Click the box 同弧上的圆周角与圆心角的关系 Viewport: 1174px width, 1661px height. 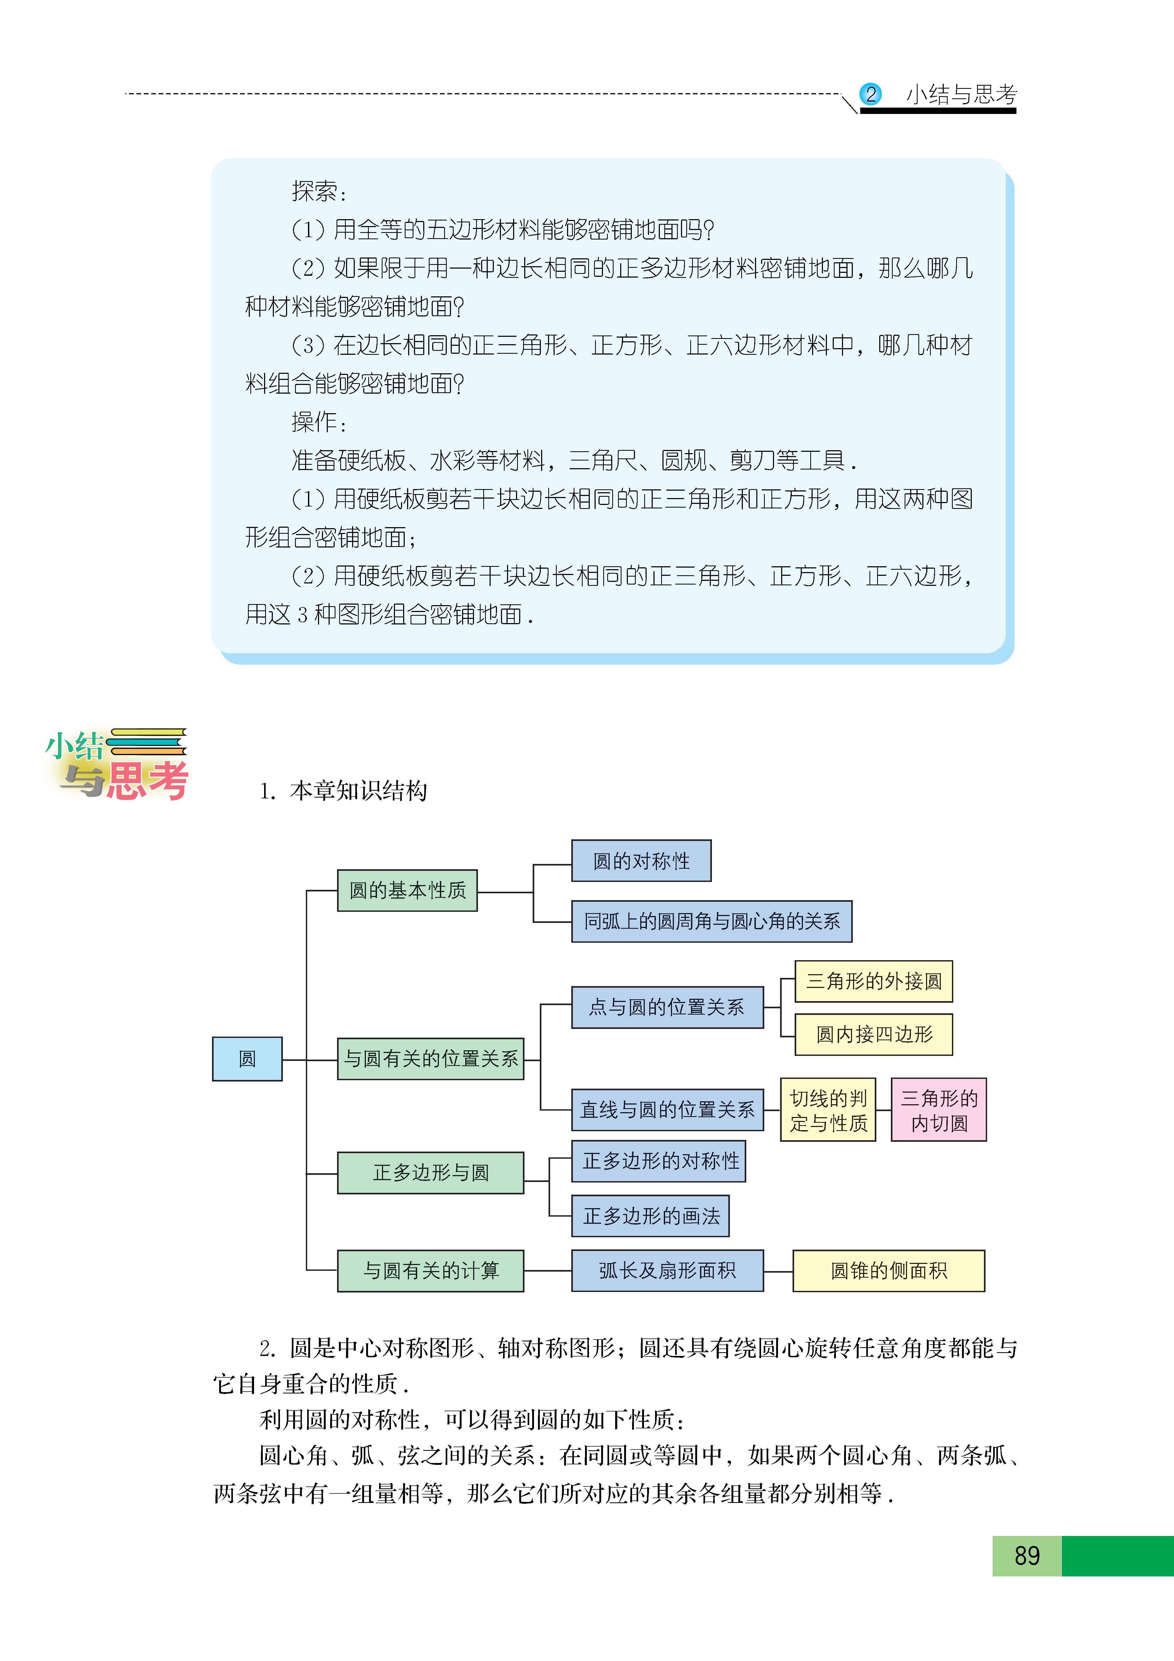tap(712, 921)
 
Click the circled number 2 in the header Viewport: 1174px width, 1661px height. tap(870, 94)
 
